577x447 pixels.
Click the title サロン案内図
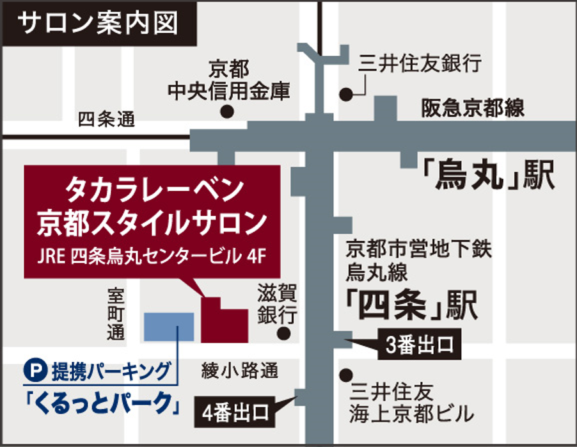(x=96, y=24)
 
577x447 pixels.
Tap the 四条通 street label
(x=107, y=120)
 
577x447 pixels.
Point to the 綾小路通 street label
(x=240, y=370)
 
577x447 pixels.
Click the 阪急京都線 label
(x=472, y=108)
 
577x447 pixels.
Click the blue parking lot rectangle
(x=169, y=327)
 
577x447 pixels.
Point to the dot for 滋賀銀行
(x=284, y=334)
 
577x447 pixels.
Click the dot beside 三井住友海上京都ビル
(x=347, y=375)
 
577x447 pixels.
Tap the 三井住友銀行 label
(x=419, y=63)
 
